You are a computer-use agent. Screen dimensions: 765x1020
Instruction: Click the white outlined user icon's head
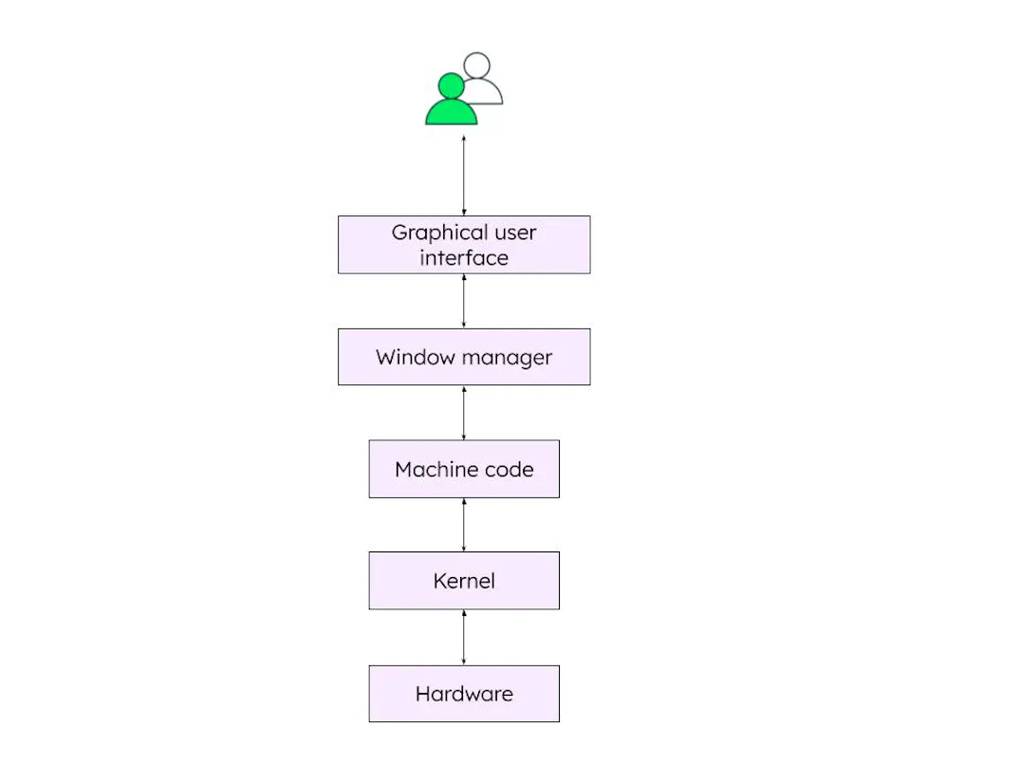[x=477, y=65]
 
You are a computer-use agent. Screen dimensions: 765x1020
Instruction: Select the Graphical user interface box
[x=464, y=245]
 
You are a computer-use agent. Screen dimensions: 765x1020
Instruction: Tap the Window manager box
[x=464, y=357]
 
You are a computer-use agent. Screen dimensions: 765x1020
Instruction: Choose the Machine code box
[x=464, y=469]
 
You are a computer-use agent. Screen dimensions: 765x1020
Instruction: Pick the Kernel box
[x=464, y=581]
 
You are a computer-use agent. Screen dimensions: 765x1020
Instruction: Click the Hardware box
[x=464, y=694]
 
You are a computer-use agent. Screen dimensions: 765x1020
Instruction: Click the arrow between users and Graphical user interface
[x=464, y=176]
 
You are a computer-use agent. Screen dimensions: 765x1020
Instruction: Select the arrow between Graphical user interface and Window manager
[x=464, y=301]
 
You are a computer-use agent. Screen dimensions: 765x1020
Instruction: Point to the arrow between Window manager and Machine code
[x=464, y=413]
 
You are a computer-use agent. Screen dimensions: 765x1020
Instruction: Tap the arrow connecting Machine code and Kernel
[x=464, y=525]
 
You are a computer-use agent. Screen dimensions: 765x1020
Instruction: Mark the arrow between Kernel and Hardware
[x=464, y=637]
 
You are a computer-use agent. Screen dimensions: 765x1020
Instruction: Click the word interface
[x=464, y=258]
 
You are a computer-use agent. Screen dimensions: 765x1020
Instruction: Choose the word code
[x=512, y=470]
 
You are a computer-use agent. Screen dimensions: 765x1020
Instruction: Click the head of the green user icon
[x=451, y=86]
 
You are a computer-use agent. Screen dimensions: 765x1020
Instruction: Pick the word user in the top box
[x=514, y=233]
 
